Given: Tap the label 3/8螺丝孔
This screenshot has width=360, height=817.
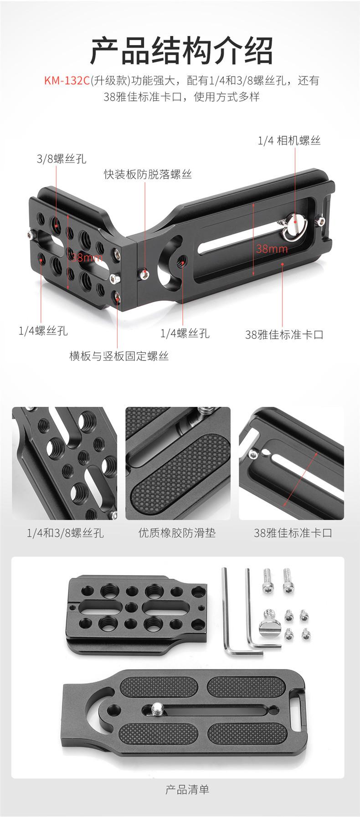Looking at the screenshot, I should click(x=62, y=159).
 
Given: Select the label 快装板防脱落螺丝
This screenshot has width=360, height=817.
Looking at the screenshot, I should click(x=148, y=175).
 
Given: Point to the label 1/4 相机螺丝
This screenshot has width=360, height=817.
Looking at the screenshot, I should click(x=289, y=140).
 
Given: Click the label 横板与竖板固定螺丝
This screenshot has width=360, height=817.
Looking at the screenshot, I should click(x=119, y=356).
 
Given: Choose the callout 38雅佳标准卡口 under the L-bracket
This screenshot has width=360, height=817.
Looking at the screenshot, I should click(x=284, y=335).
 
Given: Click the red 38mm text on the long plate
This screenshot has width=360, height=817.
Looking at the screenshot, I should click(x=272, y=249).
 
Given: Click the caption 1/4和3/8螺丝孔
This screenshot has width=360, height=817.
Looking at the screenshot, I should click(x=65, y=533).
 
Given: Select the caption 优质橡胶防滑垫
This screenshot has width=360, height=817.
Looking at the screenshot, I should click(x=177, y=533).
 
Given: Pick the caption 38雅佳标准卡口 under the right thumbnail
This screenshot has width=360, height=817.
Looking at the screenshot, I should click(x=293, y=533).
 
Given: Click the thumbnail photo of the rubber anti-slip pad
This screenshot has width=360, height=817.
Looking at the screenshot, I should click(x=178, y=463).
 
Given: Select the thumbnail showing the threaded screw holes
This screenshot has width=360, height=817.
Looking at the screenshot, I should click(x=64, y=463).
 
